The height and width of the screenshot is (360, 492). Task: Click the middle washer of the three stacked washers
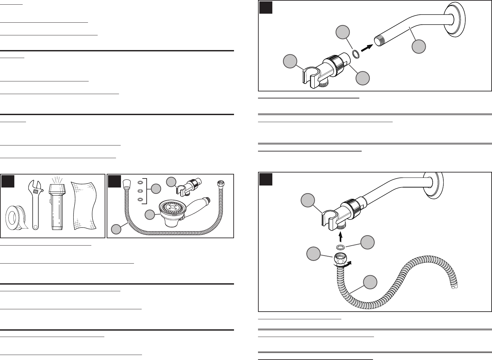pos(140,191)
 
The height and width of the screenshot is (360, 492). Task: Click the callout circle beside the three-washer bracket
pos(156,189)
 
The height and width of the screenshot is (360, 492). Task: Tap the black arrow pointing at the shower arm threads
pos(366,48)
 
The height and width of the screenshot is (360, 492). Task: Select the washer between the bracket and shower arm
pos(356,54)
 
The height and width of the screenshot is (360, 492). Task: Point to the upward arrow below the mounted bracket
pos(340,237)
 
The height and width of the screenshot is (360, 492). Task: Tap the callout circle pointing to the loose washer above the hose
pos(367,242)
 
